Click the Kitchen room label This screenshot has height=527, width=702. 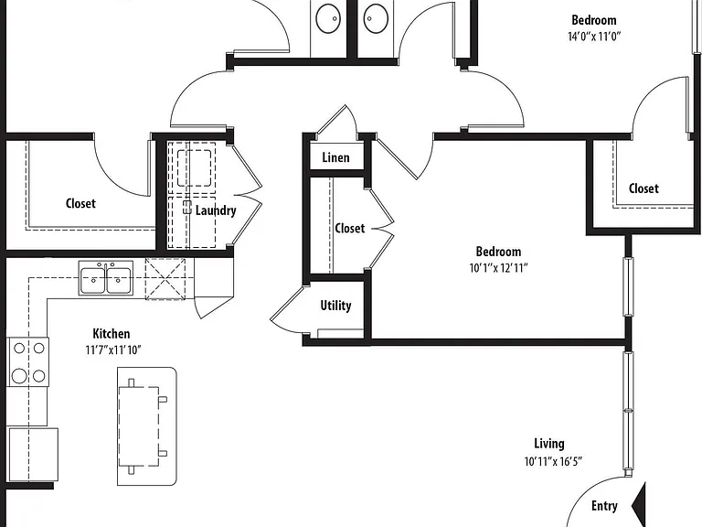click(111, 334)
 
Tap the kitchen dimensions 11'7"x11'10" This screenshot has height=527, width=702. click(113, 350)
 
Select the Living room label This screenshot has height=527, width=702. click(548, 444)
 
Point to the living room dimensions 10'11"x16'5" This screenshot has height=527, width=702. click(553, 461)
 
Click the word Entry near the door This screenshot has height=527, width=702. click(604, 506)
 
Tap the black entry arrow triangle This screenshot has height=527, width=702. click(639, 505)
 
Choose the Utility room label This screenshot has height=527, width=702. click(335, 307)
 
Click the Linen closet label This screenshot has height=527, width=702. click(335, 157)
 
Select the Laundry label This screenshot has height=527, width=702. click(216, 210)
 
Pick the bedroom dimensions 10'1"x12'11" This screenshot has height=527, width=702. click(499, 268)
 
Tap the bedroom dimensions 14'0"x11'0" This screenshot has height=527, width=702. click(594, 37)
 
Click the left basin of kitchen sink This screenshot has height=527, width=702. click(93, 280)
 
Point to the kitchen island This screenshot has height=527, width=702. click(147, 426)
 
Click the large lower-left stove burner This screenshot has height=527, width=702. click(19, 375)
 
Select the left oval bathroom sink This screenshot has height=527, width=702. click(328, 18)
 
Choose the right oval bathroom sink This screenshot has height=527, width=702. click(376, 18)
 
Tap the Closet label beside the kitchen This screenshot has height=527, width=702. click(80, 203)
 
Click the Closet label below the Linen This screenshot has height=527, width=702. click(350, 229)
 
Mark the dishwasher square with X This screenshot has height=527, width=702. click(165, 279)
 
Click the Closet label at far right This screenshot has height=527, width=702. click(643, 188)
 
